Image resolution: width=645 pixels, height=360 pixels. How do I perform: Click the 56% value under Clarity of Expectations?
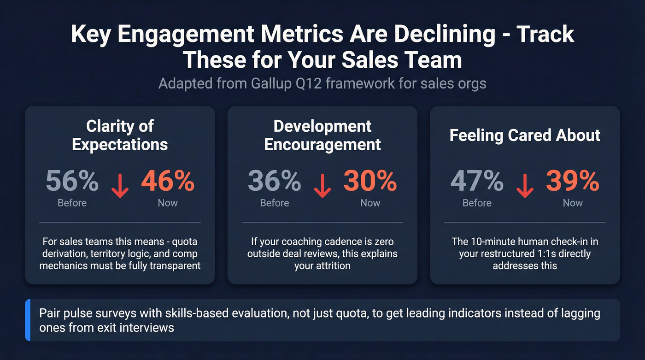[x=72, y=181]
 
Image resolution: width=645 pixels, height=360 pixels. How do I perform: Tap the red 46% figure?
[x=168, y=181]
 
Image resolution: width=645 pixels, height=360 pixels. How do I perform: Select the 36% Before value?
[x=275, y=181]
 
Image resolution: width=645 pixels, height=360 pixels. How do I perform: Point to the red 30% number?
[x=370, y=181]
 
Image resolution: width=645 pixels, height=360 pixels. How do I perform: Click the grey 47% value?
[x=477, y=181]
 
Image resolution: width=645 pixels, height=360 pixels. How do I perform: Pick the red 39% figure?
[x=573, y=181]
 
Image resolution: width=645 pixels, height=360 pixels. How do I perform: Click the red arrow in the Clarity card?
[x=120, y=186]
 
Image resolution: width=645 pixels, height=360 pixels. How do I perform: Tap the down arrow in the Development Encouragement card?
[x=322, y=186]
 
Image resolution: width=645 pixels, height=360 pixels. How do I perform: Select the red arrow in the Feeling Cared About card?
[x=525, y=186]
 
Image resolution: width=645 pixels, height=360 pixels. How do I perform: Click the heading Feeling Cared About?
[x=525, y=136]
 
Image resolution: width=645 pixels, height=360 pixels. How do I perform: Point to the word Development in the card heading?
[x=322, y=126]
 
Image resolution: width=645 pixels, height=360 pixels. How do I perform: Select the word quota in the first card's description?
[x=187, y=242]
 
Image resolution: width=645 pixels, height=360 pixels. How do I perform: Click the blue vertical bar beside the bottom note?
[x=28, y=320]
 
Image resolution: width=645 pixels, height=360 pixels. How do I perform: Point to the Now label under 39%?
[x=573, y=203]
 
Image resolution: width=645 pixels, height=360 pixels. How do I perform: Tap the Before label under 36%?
[x=275, y=203]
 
